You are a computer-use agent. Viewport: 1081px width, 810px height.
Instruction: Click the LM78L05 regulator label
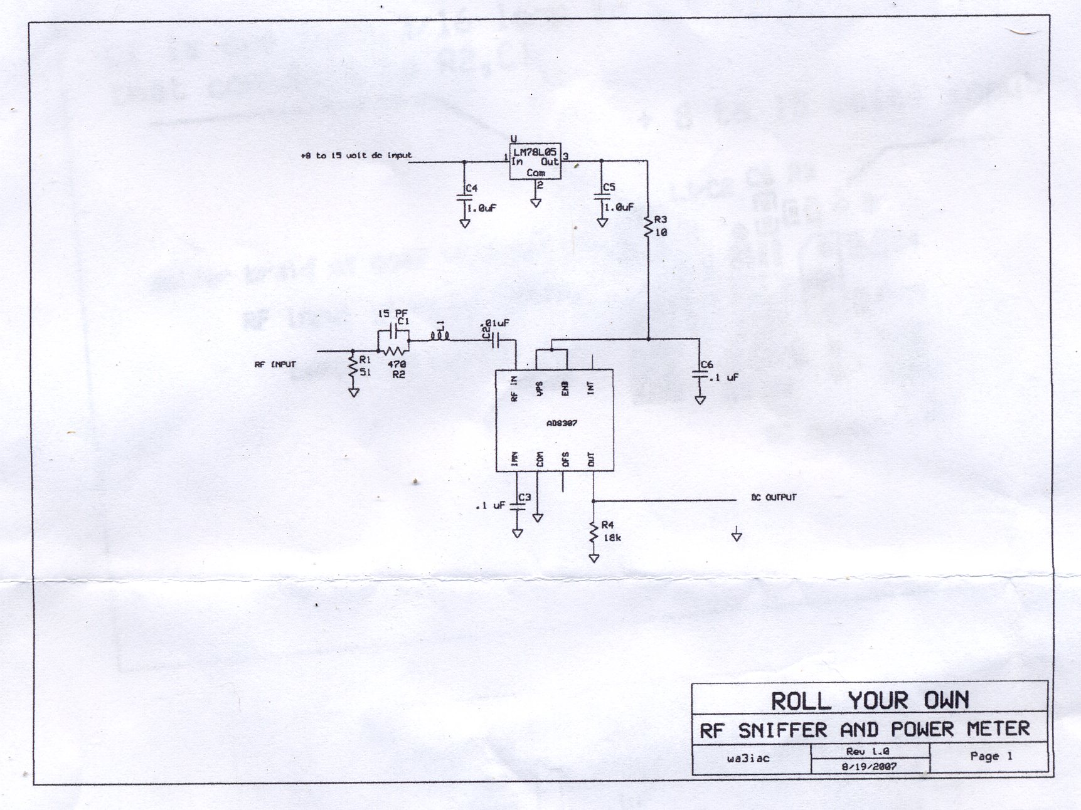pyautogui.click(x=535, y=152)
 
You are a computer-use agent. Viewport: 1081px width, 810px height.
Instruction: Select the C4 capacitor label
pyautogui.click(x=471, y=188)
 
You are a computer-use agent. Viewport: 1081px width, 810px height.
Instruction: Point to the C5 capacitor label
pyautogui.click(x=609, y=187)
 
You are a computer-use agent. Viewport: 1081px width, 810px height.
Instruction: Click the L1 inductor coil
pyautogui.click(x=440, y=337)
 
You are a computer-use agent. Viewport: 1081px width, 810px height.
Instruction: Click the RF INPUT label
pyautogui.click(x=275, y=364)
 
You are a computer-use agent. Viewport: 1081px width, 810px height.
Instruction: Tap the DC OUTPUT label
pyautogui.click(x=773, y=498)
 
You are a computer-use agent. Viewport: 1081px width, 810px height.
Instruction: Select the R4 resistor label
pyautogui.click(x=607, y=525)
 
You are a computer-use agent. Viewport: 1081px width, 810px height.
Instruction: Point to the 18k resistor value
pyautogui.click(x=610, y=537)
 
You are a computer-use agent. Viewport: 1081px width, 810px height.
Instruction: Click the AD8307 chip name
pyautogui.click(x=562, y=423)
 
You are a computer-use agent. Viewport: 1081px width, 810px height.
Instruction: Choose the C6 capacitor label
pyautogui.click(x=706, y=364)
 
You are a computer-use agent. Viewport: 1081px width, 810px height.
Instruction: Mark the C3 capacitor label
pyautogui.click(x=525, y=497)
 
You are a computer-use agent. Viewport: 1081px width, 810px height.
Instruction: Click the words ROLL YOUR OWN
pyautogui.click(x=870, y=700)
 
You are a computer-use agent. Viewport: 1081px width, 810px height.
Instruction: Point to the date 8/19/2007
pyautogui.click(x=868, y=765)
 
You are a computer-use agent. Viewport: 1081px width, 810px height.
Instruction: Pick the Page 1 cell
pyautogui.click(x=991, y=756)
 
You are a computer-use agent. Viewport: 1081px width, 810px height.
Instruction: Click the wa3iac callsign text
pyautogui.click(x=748, y=759)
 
